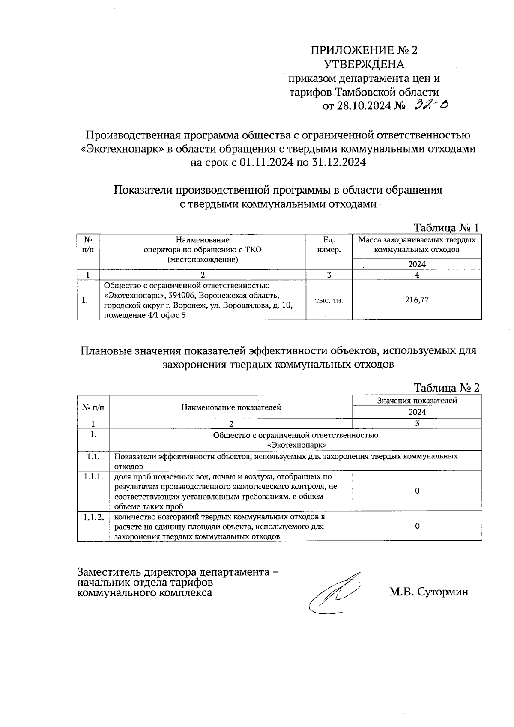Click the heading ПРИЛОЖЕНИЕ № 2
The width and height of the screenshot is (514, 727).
pos(364,51)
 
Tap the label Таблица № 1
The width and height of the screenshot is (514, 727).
pos(446,227)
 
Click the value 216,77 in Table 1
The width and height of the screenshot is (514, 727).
pos(417,300)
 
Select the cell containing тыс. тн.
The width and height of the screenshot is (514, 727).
pos(329,300)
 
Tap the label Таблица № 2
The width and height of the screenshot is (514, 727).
pos(446,388)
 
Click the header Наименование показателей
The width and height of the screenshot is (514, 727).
pos(231,407)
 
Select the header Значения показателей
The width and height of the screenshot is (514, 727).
pos(417,401)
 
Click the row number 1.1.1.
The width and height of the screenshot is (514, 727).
pos(93,477)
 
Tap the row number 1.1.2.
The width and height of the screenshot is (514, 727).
pos(93,517)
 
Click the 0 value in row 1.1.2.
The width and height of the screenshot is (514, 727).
pos(417,526)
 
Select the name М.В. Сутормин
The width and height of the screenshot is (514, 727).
pos(428,592)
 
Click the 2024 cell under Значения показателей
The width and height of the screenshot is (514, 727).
pos(417,412)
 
